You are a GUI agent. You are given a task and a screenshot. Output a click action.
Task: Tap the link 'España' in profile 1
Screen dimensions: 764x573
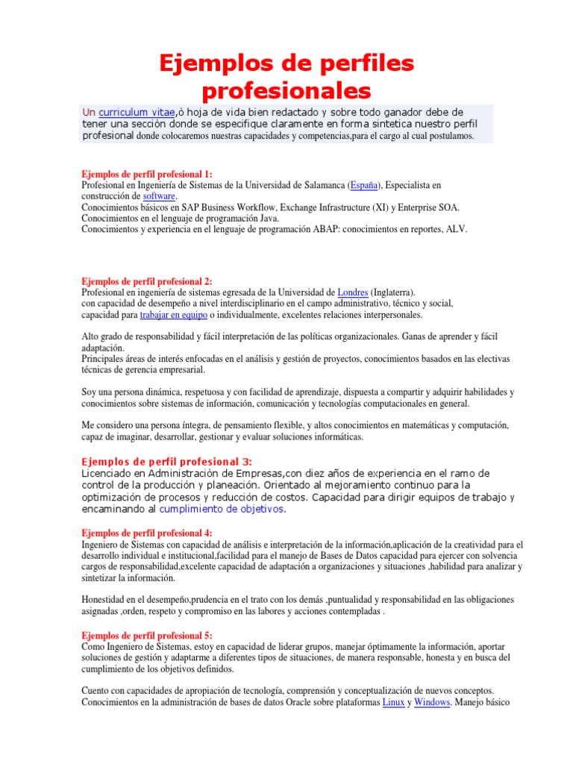pos(363,184)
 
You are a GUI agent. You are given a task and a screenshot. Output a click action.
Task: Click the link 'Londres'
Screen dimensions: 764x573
pos(353,292)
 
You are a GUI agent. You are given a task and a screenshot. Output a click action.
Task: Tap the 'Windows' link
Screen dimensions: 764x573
pos(432,702)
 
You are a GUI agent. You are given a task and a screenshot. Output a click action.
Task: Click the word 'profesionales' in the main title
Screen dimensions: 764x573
pos(286,91)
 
